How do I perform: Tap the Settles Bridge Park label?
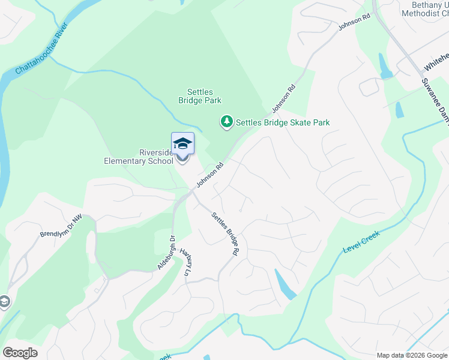[200, 97]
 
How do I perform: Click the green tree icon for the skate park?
[227, 122]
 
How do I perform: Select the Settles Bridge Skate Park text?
[283, 122]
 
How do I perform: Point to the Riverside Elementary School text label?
[139, 157]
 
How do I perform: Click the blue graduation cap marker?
[182, 144]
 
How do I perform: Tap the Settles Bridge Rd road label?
[224, 233]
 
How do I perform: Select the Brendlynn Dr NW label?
[60, 227]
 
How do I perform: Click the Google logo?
[20, 352]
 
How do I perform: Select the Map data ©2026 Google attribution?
[411, 355]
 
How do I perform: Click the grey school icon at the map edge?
[4, 302]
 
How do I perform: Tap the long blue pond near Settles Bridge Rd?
[285, 284]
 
